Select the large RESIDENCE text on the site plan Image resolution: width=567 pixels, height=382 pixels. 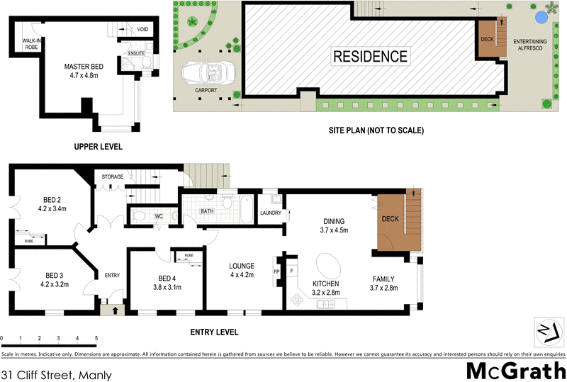pos(371,57)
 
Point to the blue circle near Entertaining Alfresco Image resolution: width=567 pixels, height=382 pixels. pos(541,16)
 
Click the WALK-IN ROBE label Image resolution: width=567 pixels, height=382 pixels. pos(33,44)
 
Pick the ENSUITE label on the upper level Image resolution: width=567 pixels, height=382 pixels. pos(136,52)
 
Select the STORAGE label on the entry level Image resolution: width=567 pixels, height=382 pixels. pos(113,176)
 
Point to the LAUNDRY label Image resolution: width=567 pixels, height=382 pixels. pos(271,213)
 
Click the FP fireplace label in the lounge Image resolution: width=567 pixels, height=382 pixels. pos(277,271)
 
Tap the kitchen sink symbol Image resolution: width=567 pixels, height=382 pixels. pos(326,304)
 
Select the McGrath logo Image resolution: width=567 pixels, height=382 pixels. pos(515,370)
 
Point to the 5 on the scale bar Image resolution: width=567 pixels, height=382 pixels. pos(96,339)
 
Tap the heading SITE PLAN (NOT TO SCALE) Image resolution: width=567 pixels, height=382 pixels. pos(376,130)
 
